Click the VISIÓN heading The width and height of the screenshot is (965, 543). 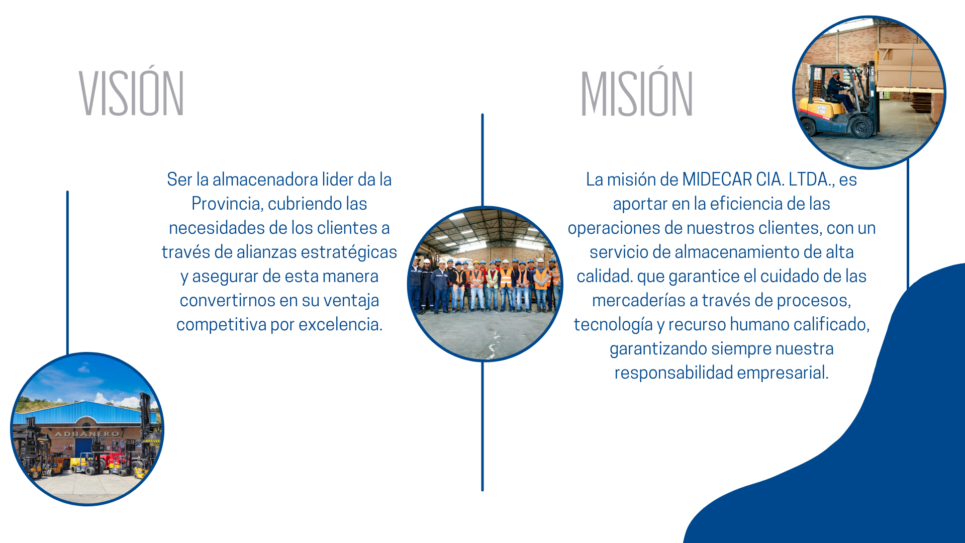(x=132, y=93)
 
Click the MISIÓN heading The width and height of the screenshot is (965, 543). (x=637, y=93)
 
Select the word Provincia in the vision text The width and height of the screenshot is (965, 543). (x=228, y=204)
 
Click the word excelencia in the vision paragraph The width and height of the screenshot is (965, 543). (x=340, y=325)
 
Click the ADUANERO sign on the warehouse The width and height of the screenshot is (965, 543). (x=87, y=434)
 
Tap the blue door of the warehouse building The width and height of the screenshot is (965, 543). (x=83, y=447)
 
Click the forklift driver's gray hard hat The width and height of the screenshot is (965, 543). (x=835, y=72)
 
